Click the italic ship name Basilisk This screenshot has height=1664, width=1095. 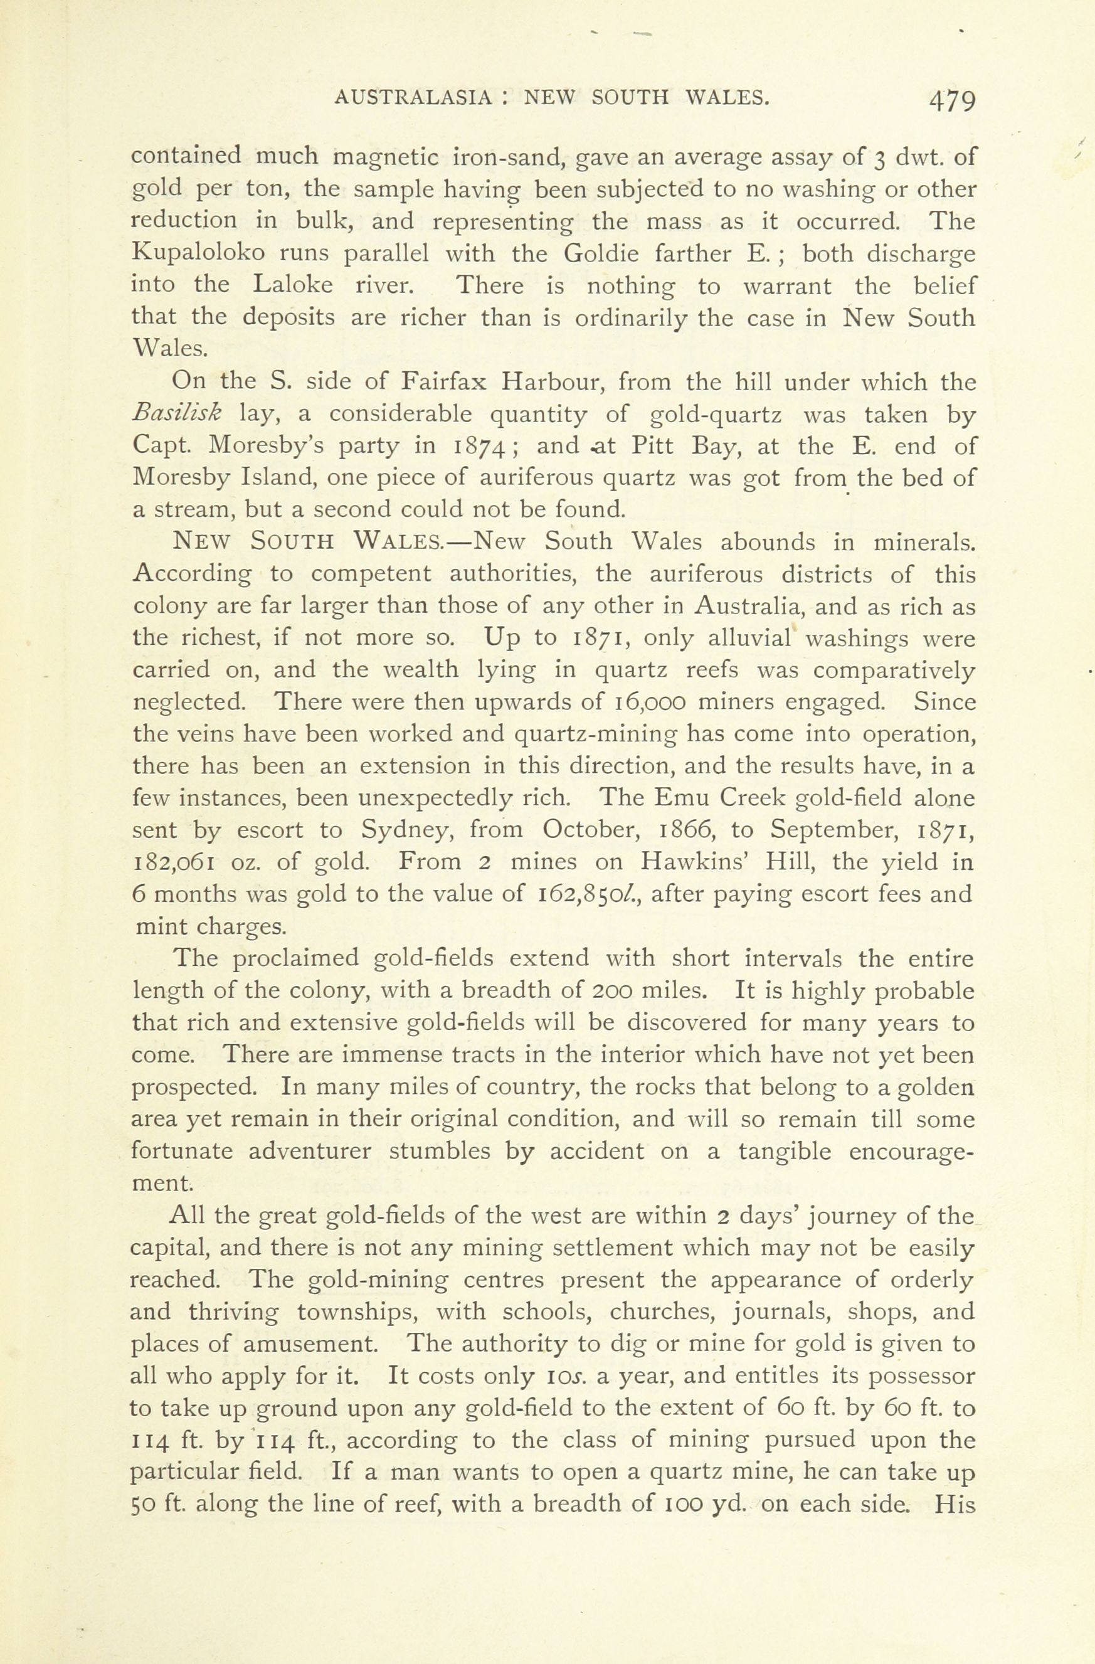point(177,414)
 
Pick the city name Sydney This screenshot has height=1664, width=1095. point(409,830)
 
